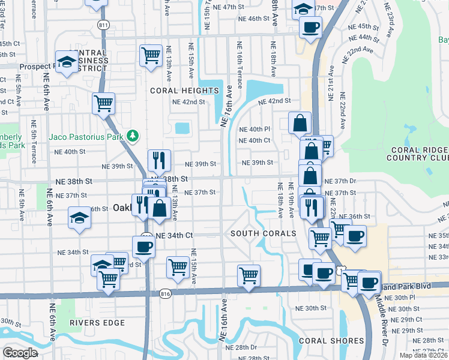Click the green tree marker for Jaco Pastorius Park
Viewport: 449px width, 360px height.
pos(133,136)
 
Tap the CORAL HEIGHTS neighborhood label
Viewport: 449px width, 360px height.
pos(184,91)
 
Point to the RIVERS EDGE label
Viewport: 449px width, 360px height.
pos(97,323)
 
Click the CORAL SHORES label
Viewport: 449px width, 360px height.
pos(330,341)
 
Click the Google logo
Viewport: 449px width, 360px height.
pos(20,352)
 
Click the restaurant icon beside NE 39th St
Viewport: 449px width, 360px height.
pos(159,160)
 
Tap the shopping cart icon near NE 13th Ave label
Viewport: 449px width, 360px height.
pos(151,56)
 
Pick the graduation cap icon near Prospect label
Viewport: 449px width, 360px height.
pos(67,62)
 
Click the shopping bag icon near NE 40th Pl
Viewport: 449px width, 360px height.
pos(300,123)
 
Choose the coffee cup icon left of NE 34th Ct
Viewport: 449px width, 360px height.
pos(144,246)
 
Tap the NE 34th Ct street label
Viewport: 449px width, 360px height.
pos(174,236)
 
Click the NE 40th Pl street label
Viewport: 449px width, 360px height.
pos(255,129)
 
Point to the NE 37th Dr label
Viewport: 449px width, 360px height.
pos(340,181)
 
